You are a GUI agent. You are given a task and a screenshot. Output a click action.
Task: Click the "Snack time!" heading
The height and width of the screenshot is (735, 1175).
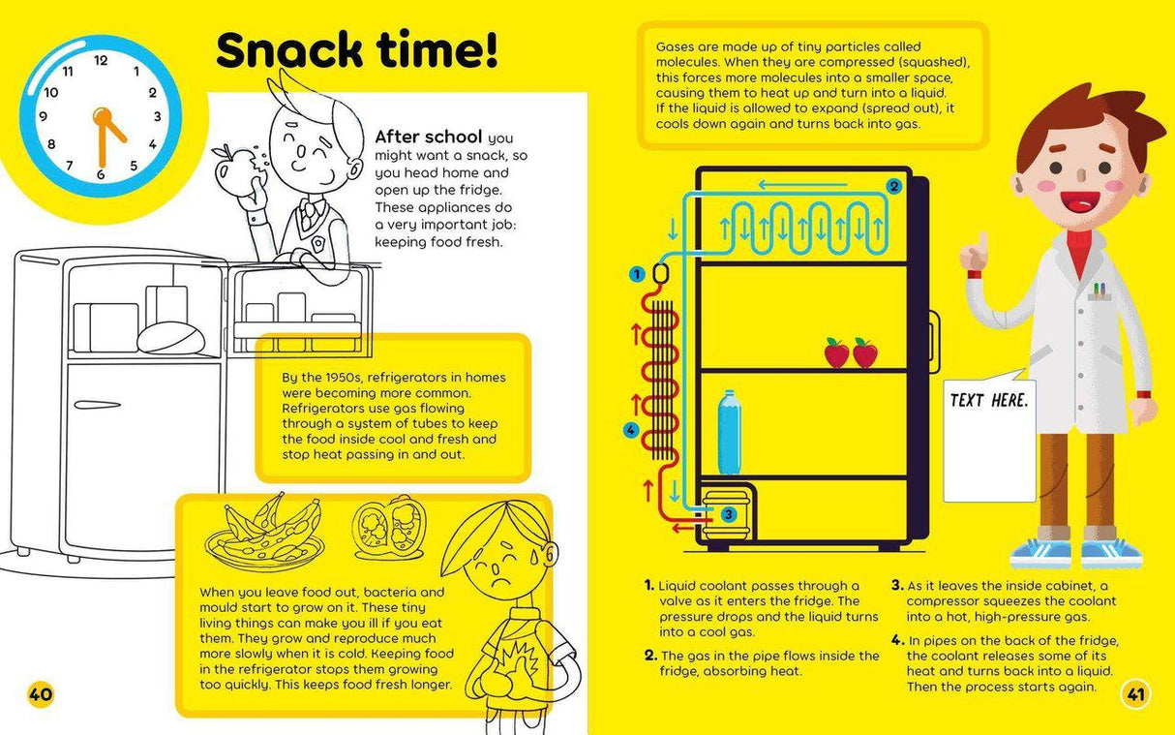[357, 50]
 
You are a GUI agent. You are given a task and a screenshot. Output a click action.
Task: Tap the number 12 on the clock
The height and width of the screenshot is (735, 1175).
[101, 60]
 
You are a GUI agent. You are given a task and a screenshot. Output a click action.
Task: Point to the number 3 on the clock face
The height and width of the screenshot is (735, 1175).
[157, 118]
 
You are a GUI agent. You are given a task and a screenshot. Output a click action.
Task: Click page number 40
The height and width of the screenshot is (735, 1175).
[41, 693]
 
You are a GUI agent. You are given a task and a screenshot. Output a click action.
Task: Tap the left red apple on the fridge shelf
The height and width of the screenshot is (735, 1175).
[836, 353]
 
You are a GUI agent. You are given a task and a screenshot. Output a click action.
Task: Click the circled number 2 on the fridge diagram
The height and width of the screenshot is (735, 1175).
[893, 186]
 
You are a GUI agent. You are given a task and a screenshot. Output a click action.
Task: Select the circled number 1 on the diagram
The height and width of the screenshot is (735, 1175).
[637, 274]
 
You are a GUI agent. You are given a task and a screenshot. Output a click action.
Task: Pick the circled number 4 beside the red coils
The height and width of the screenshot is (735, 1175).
[631, 430]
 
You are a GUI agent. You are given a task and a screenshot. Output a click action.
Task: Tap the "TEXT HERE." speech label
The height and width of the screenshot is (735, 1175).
[988, 400]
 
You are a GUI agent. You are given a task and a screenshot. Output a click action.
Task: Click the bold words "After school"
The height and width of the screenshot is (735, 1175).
[429, 137]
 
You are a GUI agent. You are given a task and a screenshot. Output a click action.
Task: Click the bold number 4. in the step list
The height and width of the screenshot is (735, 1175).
[897, 640]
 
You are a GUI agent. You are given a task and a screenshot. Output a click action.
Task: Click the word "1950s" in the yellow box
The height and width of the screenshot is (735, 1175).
[347, 378]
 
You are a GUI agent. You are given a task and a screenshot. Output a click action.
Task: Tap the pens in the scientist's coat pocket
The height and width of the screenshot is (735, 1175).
[1100, 289]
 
